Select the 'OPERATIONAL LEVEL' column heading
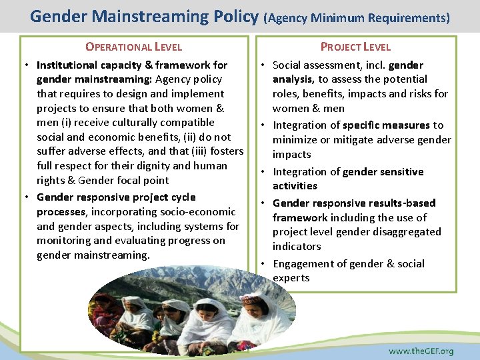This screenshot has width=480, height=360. point(133,47)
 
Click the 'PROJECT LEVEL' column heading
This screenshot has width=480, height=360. point(355,47)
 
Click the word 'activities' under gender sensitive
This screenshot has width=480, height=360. point(295,186)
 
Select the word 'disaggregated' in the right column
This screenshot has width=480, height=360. point(408,232)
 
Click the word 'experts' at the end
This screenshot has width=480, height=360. point(291,278)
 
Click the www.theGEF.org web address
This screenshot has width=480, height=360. point(421,351)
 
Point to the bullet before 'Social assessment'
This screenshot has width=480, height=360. point(264,65)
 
